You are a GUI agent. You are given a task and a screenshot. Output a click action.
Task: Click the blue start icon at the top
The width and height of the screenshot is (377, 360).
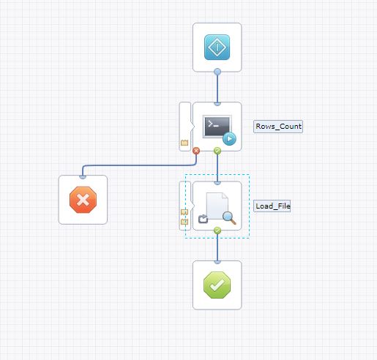tap(217, 47)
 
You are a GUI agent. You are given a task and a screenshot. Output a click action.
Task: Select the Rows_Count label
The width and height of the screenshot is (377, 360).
tap(278, 127)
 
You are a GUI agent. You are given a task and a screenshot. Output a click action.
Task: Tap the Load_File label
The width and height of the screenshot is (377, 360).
tap(272, 206)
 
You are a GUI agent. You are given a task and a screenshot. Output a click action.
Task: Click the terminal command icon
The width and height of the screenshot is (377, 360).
tap(217, 127)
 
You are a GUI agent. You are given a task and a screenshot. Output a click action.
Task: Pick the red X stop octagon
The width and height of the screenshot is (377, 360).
tap(83, 200)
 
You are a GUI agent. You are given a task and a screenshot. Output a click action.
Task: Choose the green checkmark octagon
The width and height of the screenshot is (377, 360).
tap(217, 285)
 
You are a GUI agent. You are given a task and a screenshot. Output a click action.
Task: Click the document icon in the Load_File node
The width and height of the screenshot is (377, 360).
tap(217, 206)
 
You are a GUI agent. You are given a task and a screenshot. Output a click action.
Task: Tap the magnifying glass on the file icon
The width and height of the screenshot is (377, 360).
tap(229, 217)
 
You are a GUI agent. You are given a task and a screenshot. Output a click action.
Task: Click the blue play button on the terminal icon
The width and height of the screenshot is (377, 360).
tap(229, 139)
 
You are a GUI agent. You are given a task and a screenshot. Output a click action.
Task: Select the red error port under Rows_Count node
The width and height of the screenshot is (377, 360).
tap(196, 151)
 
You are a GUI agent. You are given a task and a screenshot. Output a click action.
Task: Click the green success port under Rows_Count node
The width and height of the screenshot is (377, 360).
tap(217, 151)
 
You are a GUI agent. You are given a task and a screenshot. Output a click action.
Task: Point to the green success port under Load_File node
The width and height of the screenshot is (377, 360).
tap(217, 230)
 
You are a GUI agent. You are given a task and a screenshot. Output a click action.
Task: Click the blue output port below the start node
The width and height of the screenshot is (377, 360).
tap(217, 72)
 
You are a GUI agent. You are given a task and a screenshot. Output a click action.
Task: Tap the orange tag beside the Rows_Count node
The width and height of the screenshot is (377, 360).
tap(184, 143)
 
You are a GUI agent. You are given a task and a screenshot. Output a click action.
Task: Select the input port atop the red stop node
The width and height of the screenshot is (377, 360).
tap(83, 176)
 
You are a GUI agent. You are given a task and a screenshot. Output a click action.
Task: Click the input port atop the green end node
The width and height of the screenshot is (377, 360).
tap(217, 262)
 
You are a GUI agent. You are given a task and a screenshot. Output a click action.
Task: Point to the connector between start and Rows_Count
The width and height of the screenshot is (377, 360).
tap(217, 89)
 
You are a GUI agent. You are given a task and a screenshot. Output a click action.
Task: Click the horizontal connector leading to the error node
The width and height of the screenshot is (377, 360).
tap(139, 165)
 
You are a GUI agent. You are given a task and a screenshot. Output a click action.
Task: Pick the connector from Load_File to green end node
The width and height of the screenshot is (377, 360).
tap(217, 247)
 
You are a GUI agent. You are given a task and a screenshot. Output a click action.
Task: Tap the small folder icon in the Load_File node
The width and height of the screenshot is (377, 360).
tap(203, 219)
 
